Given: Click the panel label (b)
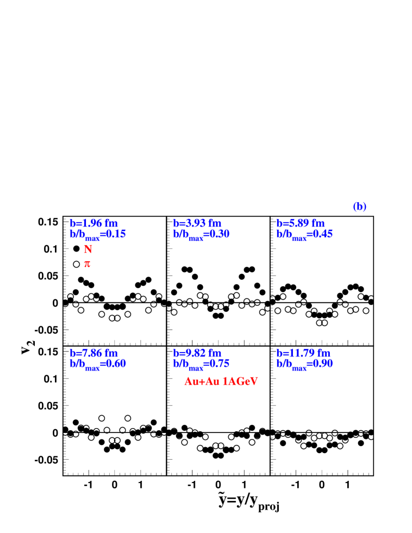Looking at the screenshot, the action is pos(359,207).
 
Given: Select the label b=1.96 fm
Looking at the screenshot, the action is pos(93,223).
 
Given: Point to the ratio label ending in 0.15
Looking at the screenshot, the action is pos(98,234).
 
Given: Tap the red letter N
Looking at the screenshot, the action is pos(88,249).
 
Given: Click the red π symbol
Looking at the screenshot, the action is pos(87,264).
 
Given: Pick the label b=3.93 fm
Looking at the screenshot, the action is pos(197,223).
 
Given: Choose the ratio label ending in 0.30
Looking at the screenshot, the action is pos(201,234).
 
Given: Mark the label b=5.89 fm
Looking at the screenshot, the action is pos(301,223).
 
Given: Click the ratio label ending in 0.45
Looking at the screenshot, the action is pos(304,234).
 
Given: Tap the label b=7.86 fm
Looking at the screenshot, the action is pos(93,353).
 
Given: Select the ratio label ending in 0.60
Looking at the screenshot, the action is pos(98,363).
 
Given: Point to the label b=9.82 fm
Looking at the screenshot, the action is pos(197,353).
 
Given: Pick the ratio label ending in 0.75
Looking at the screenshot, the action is pos(201,363).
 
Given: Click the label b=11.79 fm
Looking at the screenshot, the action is pos(303,353).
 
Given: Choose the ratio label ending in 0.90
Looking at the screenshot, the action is pos(304,363).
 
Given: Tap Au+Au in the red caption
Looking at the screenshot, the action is pos(202,381).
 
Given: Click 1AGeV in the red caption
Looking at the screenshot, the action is pos(240,381).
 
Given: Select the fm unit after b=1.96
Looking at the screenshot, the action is pos(111,223).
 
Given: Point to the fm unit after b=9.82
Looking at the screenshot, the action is pos(215,353).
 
